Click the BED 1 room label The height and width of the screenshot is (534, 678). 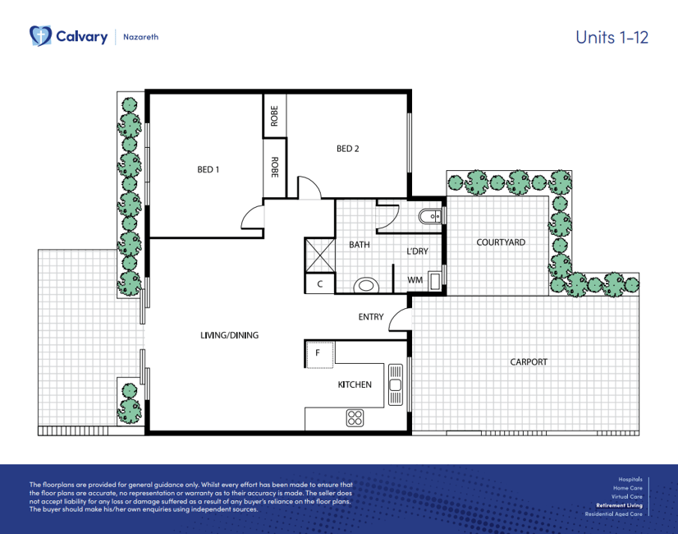point(208,169)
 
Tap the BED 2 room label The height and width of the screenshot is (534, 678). point(348,149)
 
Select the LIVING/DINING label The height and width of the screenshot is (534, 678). point(229,335)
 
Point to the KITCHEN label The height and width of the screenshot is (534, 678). point(354,384)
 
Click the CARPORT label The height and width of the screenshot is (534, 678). point(529,361)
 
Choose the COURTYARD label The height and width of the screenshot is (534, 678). point(501,242)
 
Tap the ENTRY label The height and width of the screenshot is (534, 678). point(370,317)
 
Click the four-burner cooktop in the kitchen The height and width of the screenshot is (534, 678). point(355,418)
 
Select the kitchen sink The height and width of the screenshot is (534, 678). point(395,385)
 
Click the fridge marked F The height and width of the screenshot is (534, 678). point(319,354)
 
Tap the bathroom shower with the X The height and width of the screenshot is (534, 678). point(319,255)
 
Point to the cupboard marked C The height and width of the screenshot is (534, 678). point(319,284)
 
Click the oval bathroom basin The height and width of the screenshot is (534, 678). point(366,286)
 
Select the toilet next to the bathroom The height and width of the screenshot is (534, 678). point(429,216)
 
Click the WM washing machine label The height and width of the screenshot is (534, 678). point(415,280)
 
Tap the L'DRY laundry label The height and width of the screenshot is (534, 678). point(417,251)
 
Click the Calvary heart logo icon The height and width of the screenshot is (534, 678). point(40,35)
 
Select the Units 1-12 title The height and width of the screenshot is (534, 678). point(612,37)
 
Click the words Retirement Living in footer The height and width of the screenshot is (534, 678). point(619,505)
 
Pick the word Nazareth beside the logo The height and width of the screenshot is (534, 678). point(141,37)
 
